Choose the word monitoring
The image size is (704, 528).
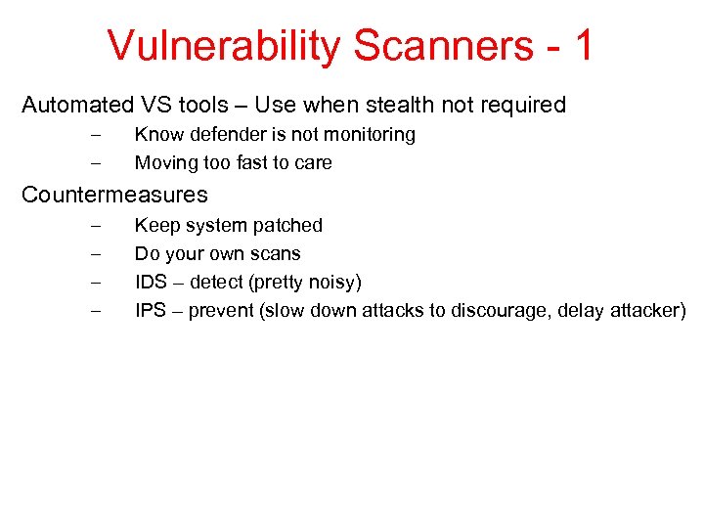point(367,134)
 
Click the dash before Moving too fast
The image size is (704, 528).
point(94,162)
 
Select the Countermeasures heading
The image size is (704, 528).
point(114,195)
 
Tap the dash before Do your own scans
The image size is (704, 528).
point(94,253)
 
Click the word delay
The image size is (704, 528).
point(587,311)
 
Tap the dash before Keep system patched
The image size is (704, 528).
point(94,225)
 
